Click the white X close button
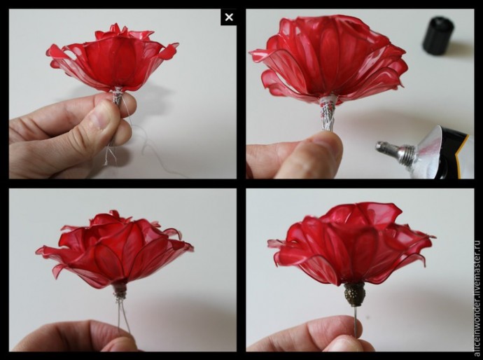click(x=229, y=18)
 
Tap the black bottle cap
click(x=437, y=36)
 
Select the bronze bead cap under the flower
click(x=355, y=294)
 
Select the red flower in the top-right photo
click(x=328, y=57)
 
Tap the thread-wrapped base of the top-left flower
click(x=118, y=96)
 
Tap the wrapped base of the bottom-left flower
click(x=120, y=291)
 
